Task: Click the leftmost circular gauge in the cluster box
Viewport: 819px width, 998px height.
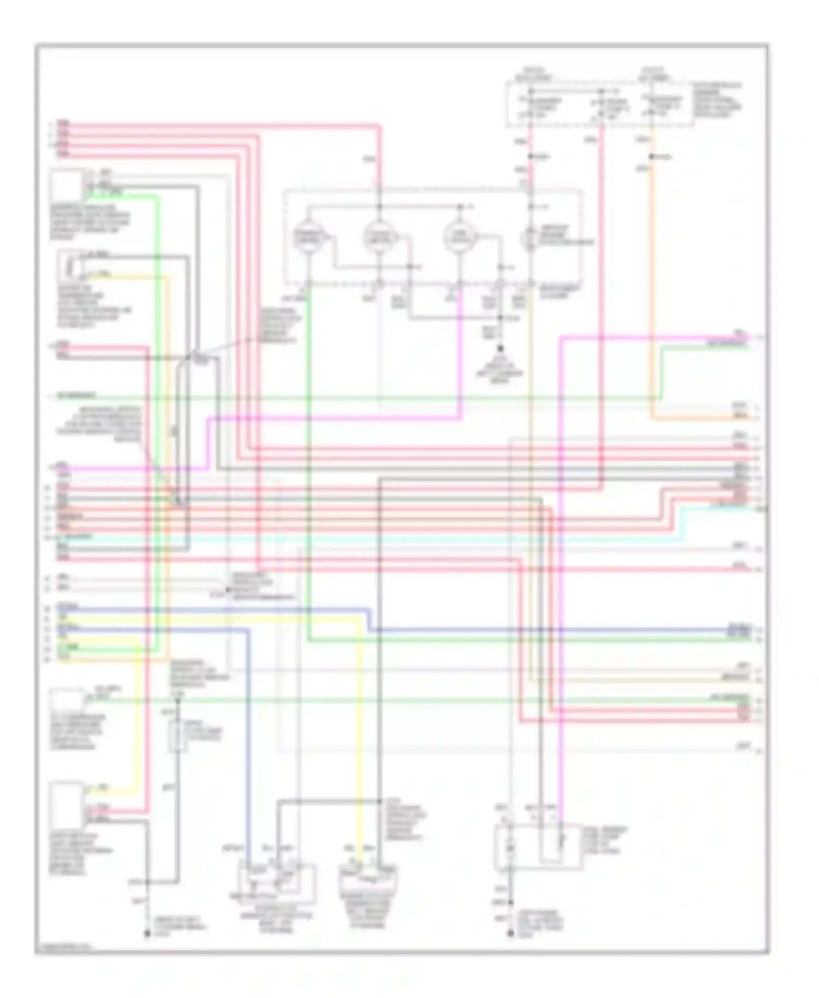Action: tap(308, 236)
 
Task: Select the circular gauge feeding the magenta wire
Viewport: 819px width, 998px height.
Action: tap(459, 236)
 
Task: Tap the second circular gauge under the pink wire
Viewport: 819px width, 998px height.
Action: tap(379, 236)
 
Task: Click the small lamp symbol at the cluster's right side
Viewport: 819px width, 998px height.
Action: tap(530, 237)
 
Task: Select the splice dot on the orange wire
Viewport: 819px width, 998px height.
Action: tap(651, 157)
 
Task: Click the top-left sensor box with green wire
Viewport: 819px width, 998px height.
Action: tap(67, 186)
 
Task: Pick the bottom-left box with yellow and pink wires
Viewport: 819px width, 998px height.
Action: tap(66, 806)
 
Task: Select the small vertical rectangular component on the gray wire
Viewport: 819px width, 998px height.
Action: tap(177, 736)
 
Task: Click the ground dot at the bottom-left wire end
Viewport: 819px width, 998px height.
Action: tap(147, 934)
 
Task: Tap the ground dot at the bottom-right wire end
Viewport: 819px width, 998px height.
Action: tap(511, 934)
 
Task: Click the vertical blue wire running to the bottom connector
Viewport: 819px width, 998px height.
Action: tap(249, 737)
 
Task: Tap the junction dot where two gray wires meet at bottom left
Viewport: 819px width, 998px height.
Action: tap(147, 882)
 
